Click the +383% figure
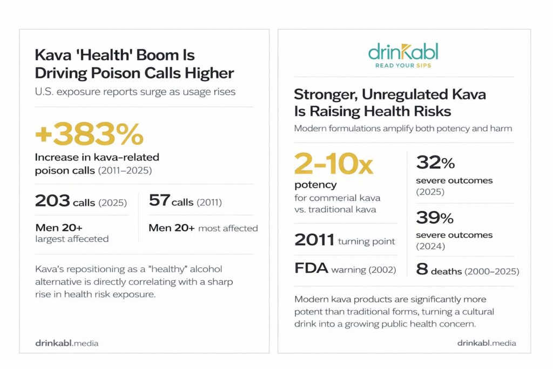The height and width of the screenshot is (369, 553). point(89,135)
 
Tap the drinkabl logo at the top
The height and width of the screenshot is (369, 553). point(403,53)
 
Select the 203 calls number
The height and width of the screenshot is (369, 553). point(52,201)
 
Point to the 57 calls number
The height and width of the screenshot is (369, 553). point(159,201)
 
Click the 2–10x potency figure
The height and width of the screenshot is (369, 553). point(334,164)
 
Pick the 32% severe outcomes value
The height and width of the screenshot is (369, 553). point(435,163)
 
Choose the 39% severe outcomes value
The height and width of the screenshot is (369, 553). point(435,218)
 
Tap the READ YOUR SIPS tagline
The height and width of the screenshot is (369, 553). point(403,66)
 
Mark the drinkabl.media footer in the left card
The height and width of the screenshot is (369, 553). point(67,343)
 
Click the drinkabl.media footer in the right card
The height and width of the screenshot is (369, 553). point(487,343)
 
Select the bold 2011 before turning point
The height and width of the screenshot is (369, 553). point(314,240)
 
